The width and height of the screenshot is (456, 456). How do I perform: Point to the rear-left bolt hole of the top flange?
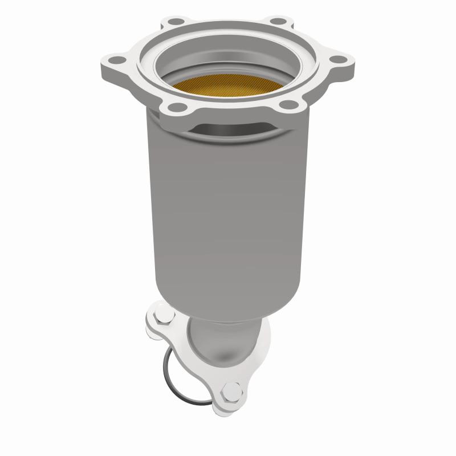click(x=169, y=23)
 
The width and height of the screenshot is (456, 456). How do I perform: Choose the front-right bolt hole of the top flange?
click(x=289, y=105)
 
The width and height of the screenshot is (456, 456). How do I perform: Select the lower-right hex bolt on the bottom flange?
click(x=232, y=392)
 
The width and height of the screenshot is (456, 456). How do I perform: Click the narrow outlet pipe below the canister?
click(x=222, y=342)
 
